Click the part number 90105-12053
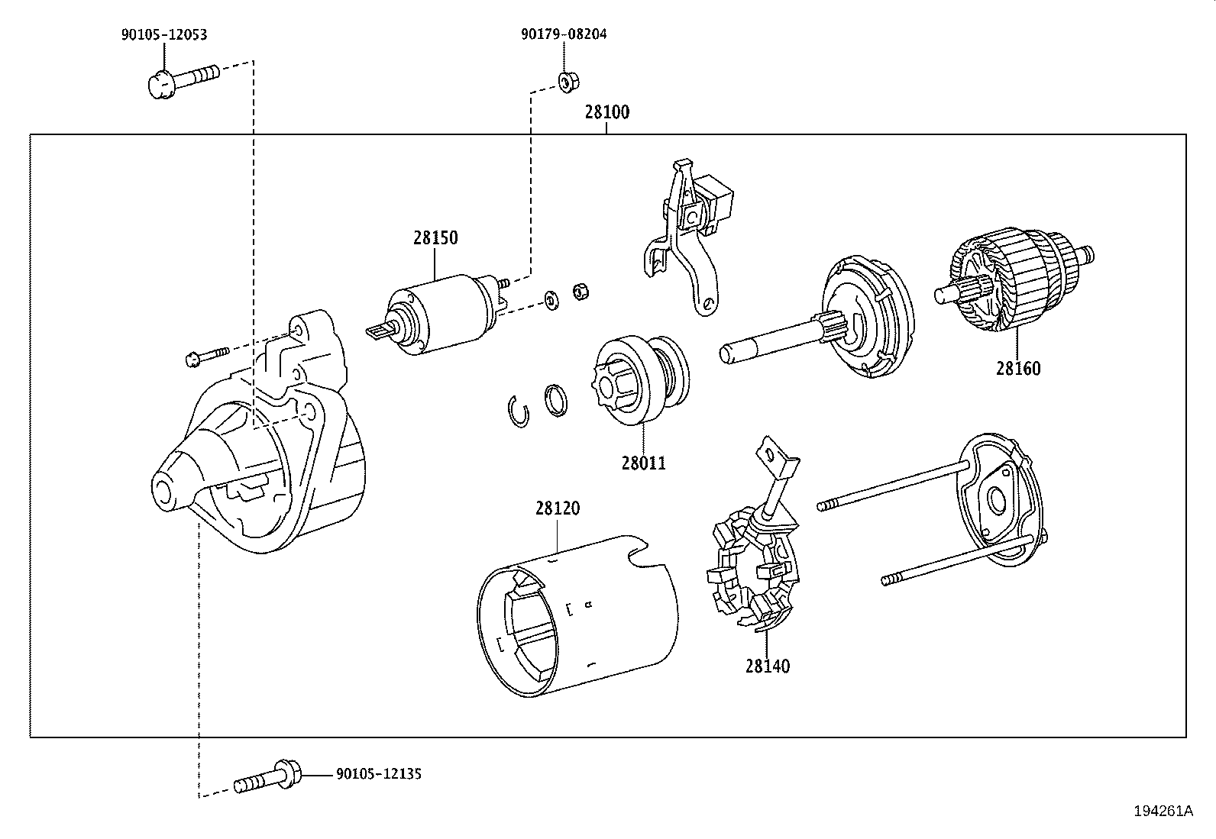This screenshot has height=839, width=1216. (163, 34)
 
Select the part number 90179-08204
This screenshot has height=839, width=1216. (564, 34)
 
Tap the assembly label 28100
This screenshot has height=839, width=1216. (607, 112)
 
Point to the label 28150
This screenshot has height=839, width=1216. (435, 238)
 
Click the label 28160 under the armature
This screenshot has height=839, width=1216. (1017, 369)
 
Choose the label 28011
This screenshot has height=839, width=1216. (643, 463)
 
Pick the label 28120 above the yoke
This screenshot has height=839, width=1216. (557, 508)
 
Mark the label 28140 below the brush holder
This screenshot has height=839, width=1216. (768, 666)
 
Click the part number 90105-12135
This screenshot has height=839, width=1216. (379, 774)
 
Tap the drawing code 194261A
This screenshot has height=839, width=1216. (1163, 812)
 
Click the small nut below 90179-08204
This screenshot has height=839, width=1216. (565, 82)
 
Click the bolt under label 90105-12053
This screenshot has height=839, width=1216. (180, 79)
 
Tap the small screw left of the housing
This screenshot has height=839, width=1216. (206, 355)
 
